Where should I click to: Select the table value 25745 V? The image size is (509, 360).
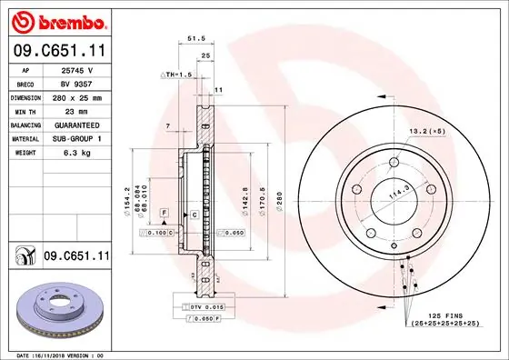pyautogui.click(x=76, y=69)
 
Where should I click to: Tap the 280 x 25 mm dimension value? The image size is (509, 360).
pyautogui.click(x=76, y=96)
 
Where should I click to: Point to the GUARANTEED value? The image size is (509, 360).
pyautogui.click(x=76, y=125)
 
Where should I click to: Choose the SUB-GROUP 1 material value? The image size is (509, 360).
pyautogui.click(x=76, y=138)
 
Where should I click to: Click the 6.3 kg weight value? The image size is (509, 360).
pyautogui.click(x=76, y=153)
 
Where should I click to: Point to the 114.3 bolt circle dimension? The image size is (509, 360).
pyautogui.click(x=398, y=194)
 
